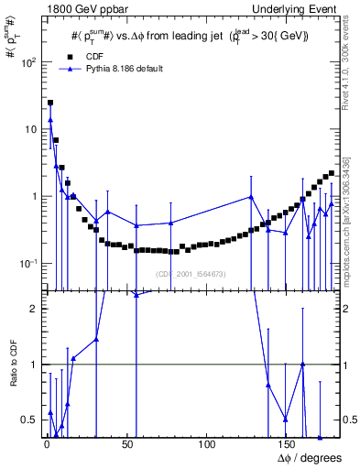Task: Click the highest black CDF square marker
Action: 50,104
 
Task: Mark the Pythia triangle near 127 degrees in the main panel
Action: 251,197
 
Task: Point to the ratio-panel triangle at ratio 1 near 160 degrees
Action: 302,365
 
